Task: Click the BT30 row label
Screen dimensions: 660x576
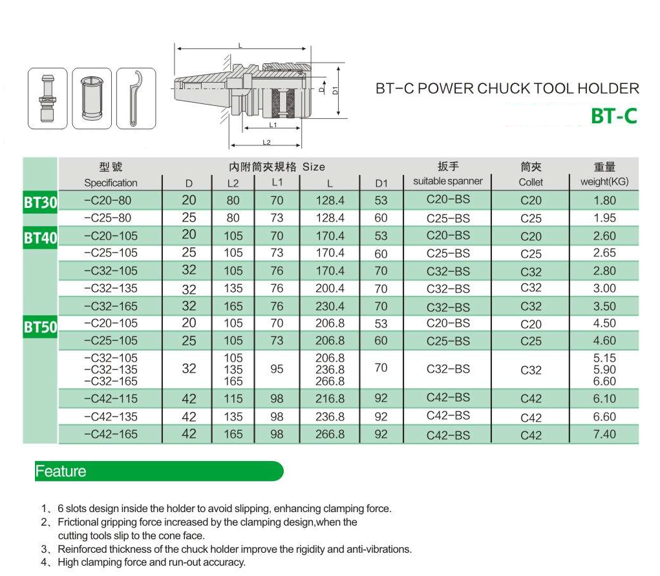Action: click(x=41, y=202)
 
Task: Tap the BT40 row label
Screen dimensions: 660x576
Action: click(x=41, y=238)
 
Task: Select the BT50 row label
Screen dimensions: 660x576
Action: click(x=41, y=327)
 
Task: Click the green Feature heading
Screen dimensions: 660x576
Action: click(x=61, y=471)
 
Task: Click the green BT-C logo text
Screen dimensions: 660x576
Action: click(x=614, y=116)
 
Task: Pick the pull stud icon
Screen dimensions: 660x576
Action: click(x=48, y=98)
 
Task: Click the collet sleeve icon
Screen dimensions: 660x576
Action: click(x=92, y=98)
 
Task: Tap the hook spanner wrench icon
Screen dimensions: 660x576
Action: click(x=136, y=98)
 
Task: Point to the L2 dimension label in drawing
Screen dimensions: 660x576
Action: click(x=266, y=142)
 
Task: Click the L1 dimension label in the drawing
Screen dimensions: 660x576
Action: click(x=273, y=125)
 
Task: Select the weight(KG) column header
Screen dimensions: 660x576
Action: click(x=604, y=181)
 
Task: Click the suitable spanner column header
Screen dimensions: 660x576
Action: click(x=448, y=181)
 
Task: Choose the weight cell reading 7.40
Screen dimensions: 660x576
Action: click(x=604, y=434)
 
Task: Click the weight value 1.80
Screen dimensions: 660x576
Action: click(x=604, y=200)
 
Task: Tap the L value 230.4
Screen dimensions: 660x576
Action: click(x=330, y=306)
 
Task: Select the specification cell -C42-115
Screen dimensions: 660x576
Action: click(x=111, y=398)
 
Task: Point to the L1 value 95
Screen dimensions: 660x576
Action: click(x=277, y=369)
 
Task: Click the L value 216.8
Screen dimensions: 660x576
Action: click(x=330, y=398)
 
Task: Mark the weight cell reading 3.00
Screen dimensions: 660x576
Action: click(x=604, y=288)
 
